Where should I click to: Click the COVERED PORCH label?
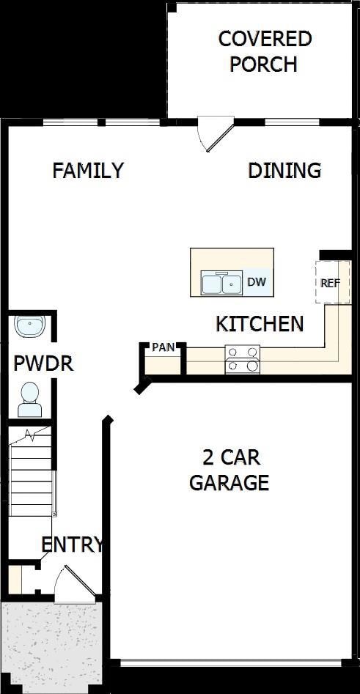[x=265, y=51]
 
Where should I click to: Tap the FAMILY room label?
[x=88, y=171]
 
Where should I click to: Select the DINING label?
[x=284, y=171]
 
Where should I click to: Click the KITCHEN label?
[x=260, y=324]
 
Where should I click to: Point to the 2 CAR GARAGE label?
[x=229, y=470]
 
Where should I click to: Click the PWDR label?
[x=44, y=363]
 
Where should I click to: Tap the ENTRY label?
[x=71, y=545]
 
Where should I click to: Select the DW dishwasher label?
[x=256, y=282]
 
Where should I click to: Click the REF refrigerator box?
[x=331, y=282]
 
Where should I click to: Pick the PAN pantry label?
[x=163, y=347]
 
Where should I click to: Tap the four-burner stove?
[x=243, y=359]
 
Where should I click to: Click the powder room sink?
[x=31, y=326]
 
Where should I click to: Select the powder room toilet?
[x=30, y=394]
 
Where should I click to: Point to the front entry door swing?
[x=73, y=583]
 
